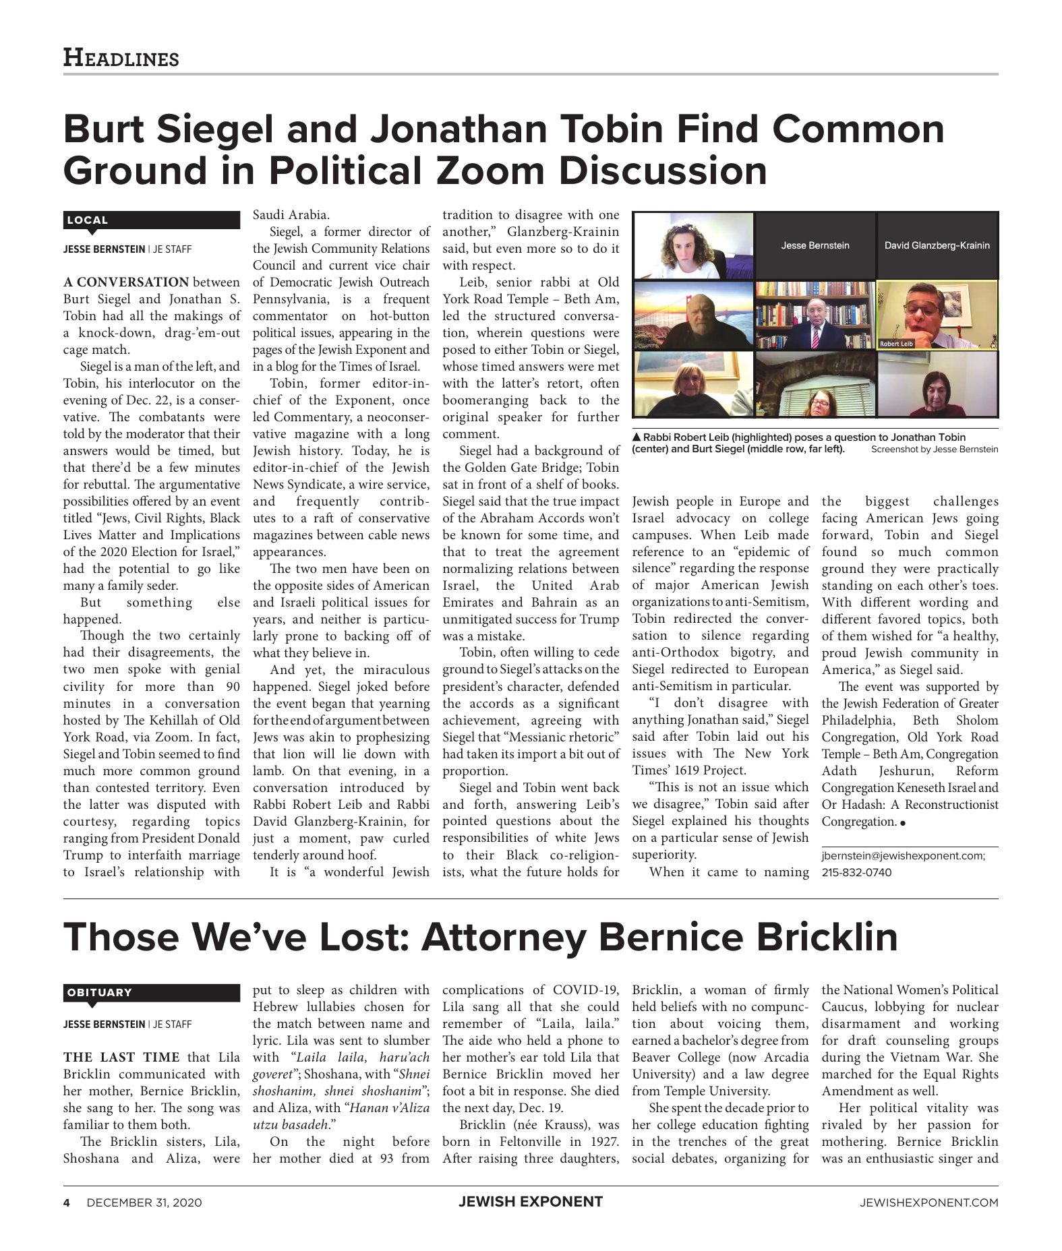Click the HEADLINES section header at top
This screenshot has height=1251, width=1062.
pyautogui.click(x=121, y=58)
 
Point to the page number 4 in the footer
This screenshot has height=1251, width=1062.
pyautogui.click(x=67, y=1202)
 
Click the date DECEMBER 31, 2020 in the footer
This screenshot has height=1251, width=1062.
pyautogui.click(x=144, y=1202)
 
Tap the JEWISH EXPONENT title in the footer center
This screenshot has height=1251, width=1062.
pyautogui.click(x=531, y=1201)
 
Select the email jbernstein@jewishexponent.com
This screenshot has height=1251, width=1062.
pyautogui.click(x=903, y=855)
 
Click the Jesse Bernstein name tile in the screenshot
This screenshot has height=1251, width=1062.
pyautogui.click(x=815, y=245)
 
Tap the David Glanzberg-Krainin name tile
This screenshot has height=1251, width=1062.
pyautogui.click(x=937, y=245)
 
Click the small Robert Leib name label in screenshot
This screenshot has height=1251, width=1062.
pyautogui.click(x=896, y=344)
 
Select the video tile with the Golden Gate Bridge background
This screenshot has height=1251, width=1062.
pyautogui.click(x=693, y=315)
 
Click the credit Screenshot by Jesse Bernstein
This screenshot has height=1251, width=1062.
pyautogui.click(x=934, y=449)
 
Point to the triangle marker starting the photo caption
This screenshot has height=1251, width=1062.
pyautogui.click(x=637, y=437)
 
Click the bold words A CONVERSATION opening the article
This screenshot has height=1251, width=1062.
pyautogui.click(x=126, y=282)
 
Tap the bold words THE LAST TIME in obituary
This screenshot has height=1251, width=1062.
pyautogui.click(x=121, y=1057)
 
